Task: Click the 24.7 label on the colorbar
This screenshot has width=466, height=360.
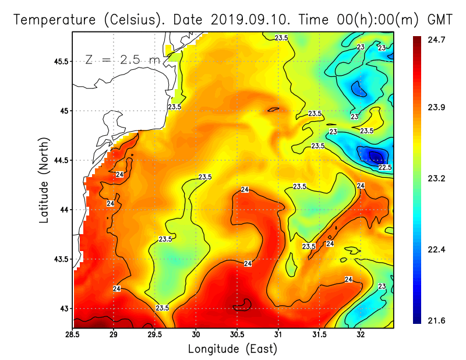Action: tap(436, 39)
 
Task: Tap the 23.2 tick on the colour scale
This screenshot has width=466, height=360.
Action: tap(436, 178)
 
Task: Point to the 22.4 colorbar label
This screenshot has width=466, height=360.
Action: tap(436, 249)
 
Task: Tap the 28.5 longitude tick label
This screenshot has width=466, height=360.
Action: tap(73, 334)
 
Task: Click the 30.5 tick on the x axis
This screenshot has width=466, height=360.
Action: tap(237, 334)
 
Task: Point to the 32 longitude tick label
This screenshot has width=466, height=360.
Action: tap(361, 334)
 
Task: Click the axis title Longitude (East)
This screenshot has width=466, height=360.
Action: tap(232, 349)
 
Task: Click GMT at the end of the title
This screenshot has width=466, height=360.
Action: tap(440, 20)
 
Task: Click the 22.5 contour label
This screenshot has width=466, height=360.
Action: tap(385, 167)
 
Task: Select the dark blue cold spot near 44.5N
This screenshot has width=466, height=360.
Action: tap(374, 155)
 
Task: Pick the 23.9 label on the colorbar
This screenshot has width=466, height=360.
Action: tap(436, 107)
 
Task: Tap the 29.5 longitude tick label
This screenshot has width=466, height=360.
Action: tap(155, 334)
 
